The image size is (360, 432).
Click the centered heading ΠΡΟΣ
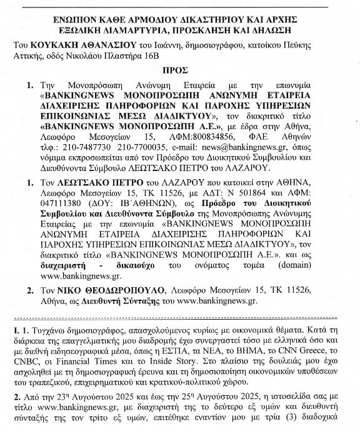180,72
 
